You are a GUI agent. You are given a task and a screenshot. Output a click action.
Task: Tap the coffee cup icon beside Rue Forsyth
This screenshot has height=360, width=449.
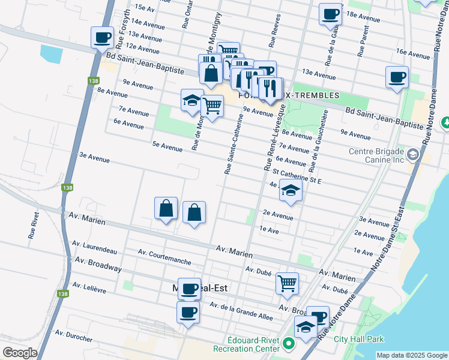tap(103, 38)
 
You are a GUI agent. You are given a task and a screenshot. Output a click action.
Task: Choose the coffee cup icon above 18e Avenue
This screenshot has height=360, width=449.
tap(330, 14)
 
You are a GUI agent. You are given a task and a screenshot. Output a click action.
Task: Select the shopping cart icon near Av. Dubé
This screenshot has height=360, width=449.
tap(288, 283)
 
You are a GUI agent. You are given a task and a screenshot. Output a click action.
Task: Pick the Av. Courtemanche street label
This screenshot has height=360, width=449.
tap(164, 257)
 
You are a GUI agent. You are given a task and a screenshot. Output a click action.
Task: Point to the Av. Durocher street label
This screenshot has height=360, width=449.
tap(73, 335)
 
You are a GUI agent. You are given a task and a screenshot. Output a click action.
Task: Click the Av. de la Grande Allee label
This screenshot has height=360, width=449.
tap(241, 311)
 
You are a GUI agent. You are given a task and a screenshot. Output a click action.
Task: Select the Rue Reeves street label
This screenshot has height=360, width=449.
tap(275, 32)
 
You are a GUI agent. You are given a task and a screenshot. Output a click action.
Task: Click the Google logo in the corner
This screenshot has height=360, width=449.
tap(20, 353)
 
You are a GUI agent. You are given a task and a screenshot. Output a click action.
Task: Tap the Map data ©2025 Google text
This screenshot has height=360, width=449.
tap(411, 355)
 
